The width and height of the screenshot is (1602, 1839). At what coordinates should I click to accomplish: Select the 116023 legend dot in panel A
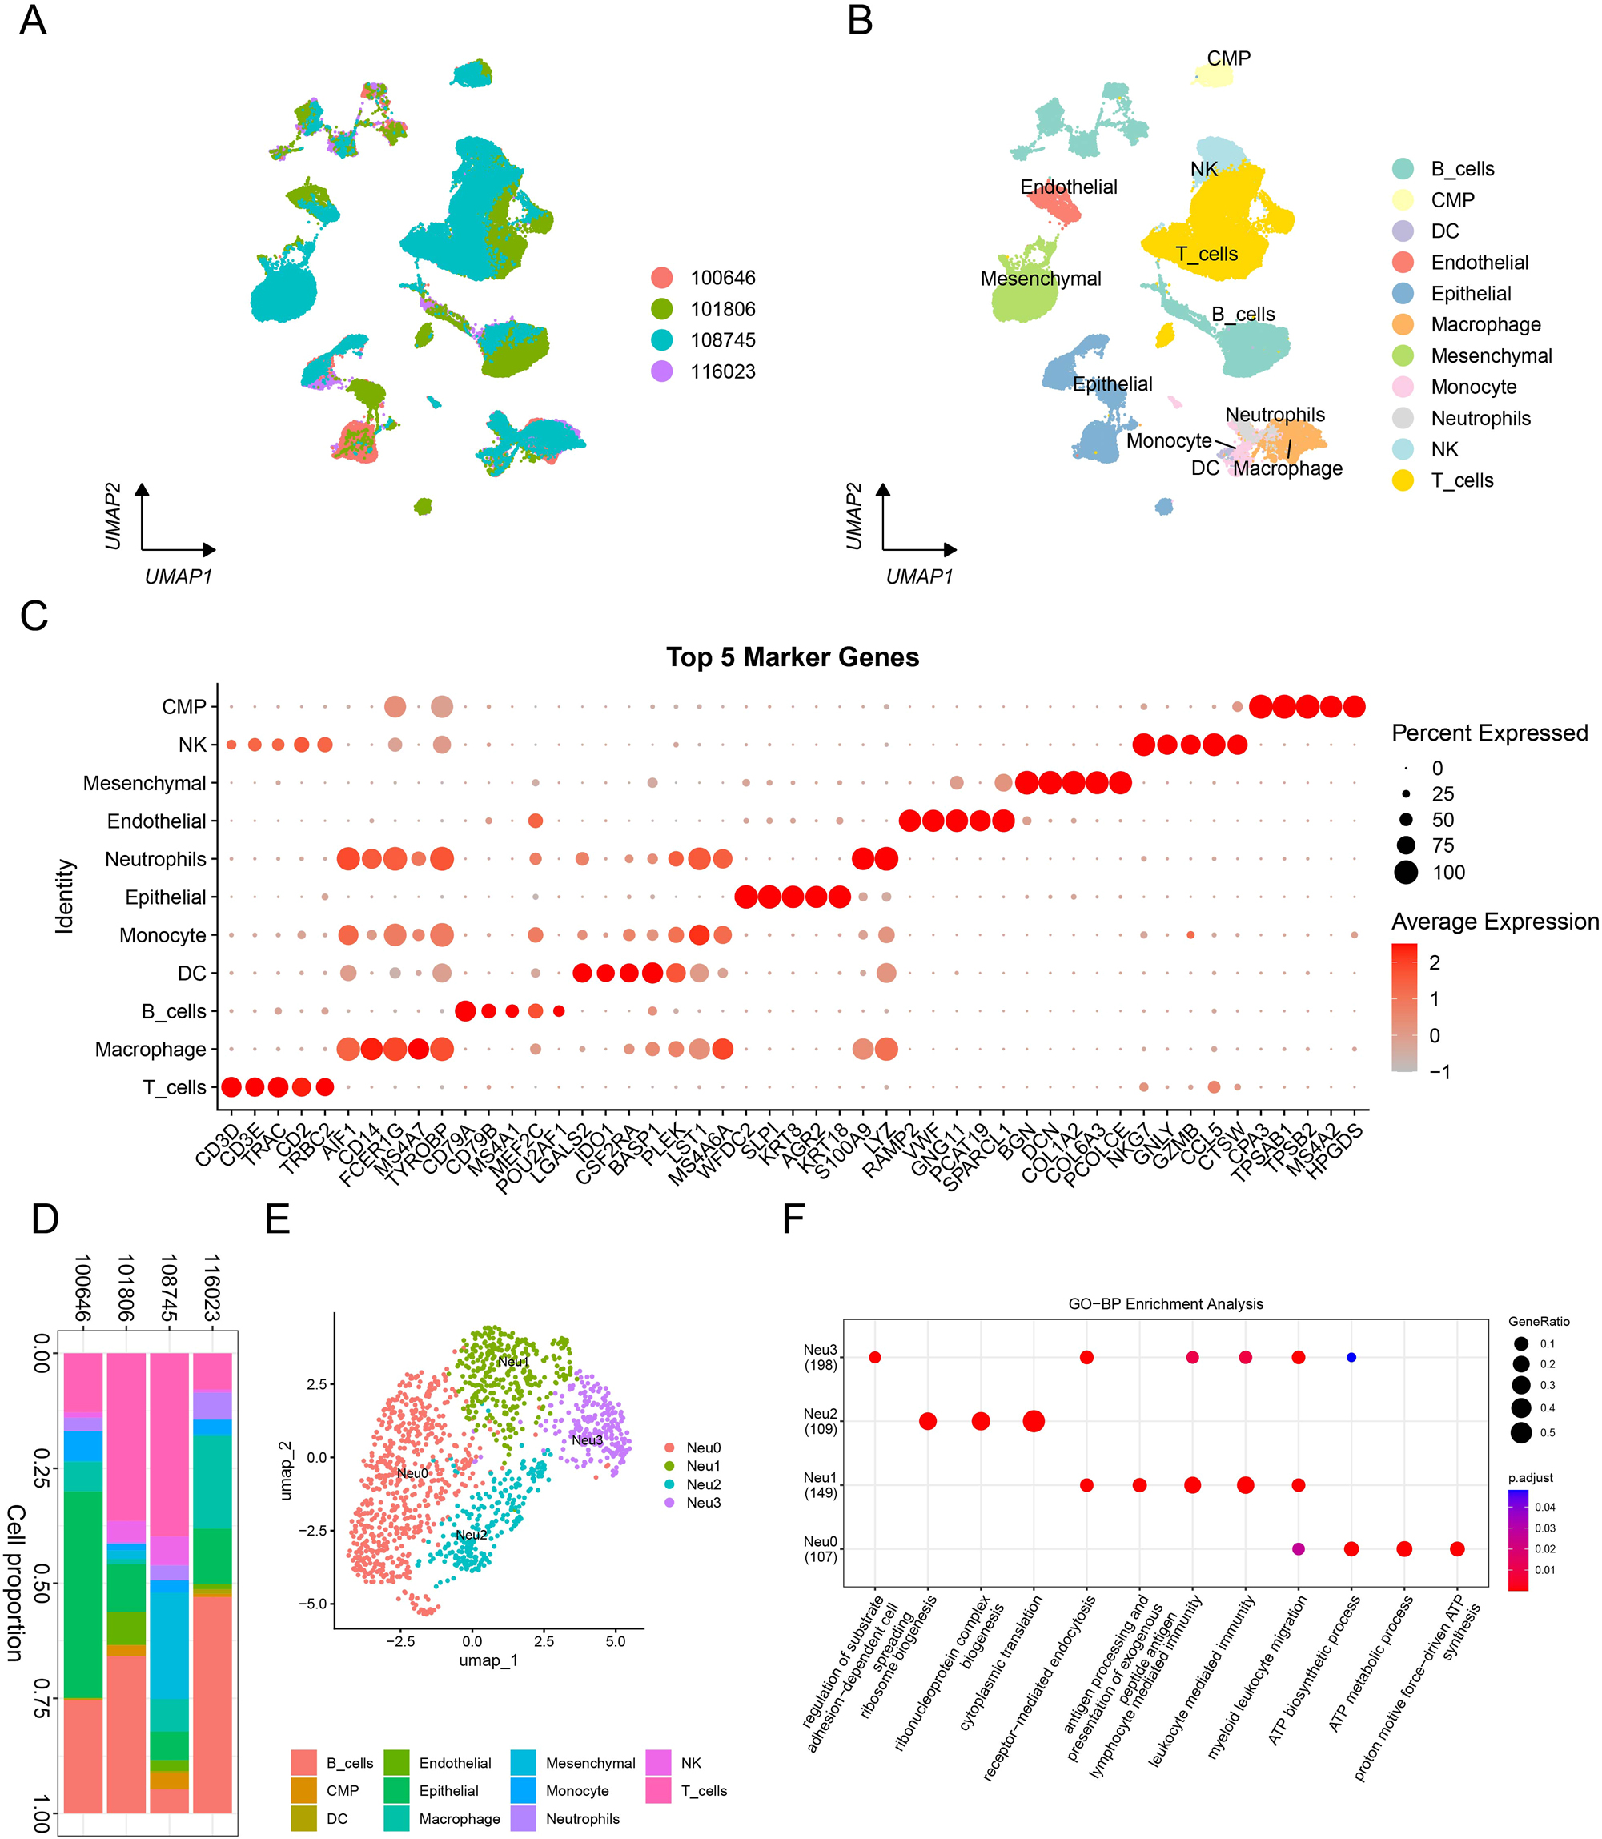coord(661,371)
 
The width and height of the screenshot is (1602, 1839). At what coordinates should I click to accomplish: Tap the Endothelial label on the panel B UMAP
coord(1068,187)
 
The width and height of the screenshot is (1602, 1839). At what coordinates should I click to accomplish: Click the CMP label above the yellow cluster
coord(1228,58)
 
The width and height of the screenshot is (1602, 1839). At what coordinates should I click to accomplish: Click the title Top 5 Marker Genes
coord(792,657)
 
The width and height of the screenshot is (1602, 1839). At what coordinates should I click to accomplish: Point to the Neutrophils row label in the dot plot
coord(155,859)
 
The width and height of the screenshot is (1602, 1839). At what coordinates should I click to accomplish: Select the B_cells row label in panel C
coord(174,1011)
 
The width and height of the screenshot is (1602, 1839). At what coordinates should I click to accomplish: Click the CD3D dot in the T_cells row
coord(231,1087)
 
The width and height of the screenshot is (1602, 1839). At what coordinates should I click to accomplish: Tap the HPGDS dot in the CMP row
coord(1354,706)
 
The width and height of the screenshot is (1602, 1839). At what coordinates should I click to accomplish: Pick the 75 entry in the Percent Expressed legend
coord(1406,845)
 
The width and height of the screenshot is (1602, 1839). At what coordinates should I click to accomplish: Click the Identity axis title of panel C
coord(64,897)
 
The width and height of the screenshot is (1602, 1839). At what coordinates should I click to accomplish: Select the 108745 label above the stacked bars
coord(168,1288)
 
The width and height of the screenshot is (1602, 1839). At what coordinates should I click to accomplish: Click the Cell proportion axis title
coord(15,1583)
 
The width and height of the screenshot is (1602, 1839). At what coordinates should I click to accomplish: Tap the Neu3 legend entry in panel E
coord(703,1503)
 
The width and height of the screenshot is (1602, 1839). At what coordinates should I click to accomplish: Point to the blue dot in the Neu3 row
coord(1351,1357)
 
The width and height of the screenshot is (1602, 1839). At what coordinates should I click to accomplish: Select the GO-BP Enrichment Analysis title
coord(1166,1303)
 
